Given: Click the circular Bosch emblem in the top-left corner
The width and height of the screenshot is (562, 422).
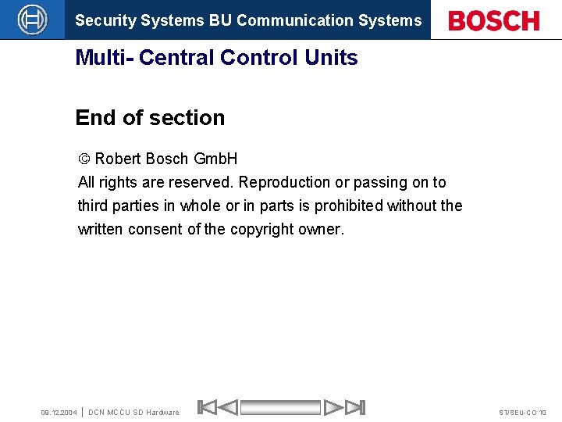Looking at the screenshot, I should (32, 20).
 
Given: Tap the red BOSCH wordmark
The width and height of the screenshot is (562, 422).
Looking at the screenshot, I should (494, 20).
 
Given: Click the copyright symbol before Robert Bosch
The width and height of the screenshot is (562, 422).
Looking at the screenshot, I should (84, 159).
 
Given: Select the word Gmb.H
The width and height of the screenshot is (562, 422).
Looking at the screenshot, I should (215, 159).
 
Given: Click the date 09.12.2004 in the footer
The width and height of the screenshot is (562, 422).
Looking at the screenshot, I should (59, 412).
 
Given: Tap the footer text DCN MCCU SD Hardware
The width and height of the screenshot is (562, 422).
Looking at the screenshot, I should (133, 412).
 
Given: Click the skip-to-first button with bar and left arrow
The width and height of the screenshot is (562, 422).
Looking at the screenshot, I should (218, 407).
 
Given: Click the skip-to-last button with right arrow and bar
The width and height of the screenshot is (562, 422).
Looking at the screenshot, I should (344, 407).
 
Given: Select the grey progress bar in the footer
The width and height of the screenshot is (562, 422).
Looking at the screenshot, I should (280, 407).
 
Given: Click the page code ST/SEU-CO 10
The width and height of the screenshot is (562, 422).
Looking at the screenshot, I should (523, 412).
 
